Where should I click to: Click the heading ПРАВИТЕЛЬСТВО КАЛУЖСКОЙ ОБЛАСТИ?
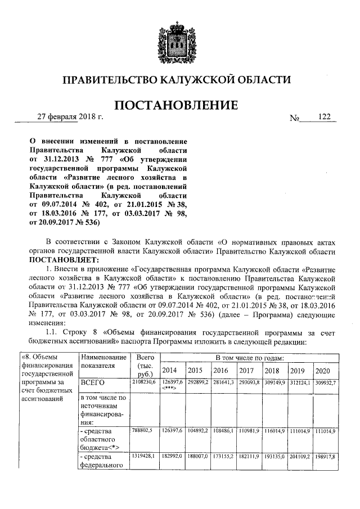point(179,80)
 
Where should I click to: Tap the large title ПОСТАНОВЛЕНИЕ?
point(179,105)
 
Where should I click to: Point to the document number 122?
point(324,117)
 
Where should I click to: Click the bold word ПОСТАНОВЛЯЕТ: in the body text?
point(64,260)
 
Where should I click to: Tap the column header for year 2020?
point(323,371)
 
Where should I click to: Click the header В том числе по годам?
point(249,357)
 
